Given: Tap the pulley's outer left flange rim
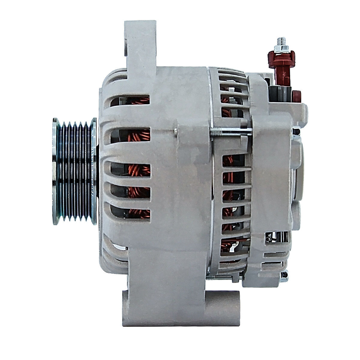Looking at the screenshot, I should point(55,171).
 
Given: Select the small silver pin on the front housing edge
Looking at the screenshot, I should point(175,130).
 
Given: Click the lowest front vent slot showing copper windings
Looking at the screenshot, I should point(131,211).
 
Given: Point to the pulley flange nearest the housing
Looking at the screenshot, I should point(94,171).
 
